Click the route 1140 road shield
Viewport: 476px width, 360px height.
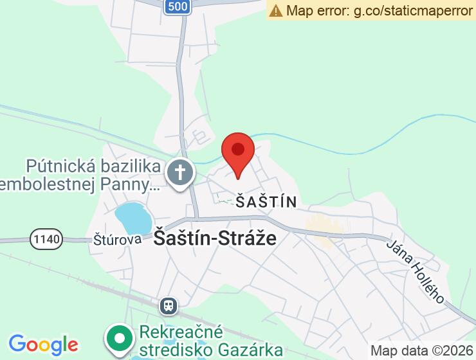[x=46, y=239]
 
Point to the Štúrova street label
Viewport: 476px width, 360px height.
[x=117, y=239]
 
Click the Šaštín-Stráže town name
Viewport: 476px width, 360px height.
[x=215, y=239]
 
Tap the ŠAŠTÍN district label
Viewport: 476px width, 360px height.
[x=266, y=202]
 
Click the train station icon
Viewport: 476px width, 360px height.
[x=169, y=305]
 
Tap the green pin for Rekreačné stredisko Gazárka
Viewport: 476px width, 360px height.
[x=119, y=337]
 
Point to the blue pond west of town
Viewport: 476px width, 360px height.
[x=133, y=217]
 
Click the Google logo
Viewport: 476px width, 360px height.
[x=43, y=345]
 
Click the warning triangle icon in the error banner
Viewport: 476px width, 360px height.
[x=276, y=10]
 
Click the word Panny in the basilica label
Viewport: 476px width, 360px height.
[x=127, y=185]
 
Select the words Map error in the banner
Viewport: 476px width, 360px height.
[x=316, y=10]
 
